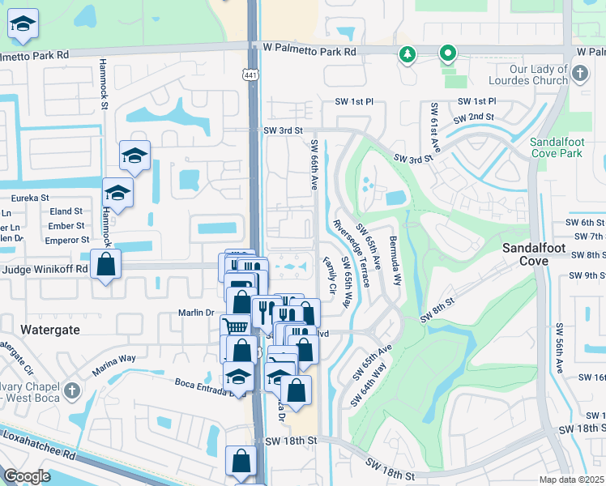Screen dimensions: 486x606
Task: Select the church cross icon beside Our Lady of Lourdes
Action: pos(578,75)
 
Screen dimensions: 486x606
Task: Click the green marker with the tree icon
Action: pos(407,55)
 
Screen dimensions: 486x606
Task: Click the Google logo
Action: pos(27,475)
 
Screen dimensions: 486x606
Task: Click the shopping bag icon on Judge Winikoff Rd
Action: pos(105,264)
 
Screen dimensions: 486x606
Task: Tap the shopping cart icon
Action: pos(235,326)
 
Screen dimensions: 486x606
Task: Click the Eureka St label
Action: pos(29,198)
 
